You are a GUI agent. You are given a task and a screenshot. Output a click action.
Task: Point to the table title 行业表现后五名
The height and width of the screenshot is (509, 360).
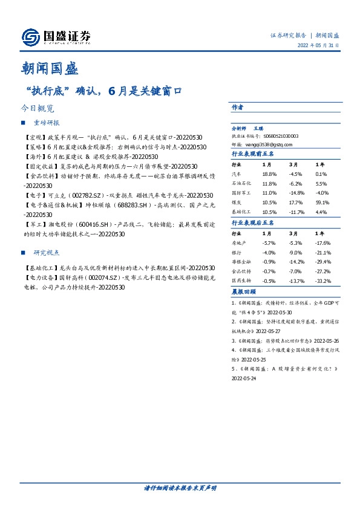click(252, 223)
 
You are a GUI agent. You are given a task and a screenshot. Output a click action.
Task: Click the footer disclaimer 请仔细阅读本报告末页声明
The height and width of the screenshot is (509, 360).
click(180, 488)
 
